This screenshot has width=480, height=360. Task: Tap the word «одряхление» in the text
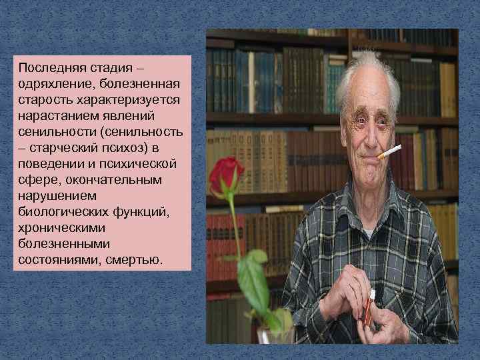(55, 83)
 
